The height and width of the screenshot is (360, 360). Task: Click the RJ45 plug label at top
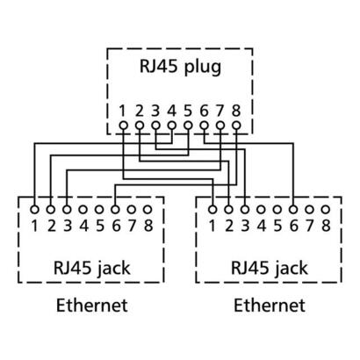click(180, 67)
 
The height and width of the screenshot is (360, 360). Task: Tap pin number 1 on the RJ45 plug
click(124, 111)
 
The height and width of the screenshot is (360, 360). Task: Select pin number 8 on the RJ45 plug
click(234, 111)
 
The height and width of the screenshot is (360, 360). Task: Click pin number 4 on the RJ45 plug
click(171, 111)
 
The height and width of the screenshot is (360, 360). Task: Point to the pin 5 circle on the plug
click(187, 126)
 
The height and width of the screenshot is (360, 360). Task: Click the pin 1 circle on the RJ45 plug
click(124, 126)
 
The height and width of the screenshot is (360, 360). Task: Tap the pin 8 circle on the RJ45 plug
click(234, 126)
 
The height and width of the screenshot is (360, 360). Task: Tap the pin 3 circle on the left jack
click(67, 211)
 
